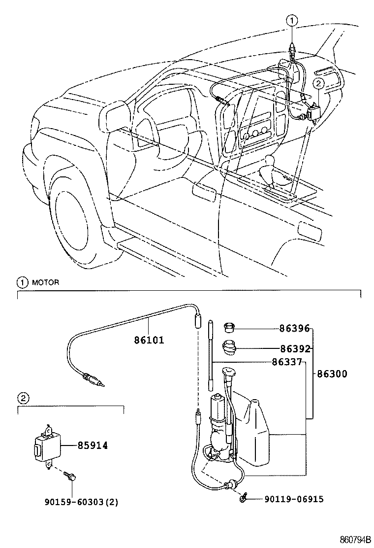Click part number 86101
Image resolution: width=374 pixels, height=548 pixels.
tap(148, 340)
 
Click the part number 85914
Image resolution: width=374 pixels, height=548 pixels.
tap(93, 445)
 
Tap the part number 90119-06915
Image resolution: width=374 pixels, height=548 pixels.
tap(294, 499)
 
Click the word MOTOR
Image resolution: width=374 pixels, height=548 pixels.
tap(45, 283)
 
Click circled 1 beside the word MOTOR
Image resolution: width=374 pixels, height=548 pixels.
tap(22, 283)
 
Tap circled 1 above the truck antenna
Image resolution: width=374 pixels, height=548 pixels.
tap(292, 21)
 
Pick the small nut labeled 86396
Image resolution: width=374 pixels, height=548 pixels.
tap(229, 327)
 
